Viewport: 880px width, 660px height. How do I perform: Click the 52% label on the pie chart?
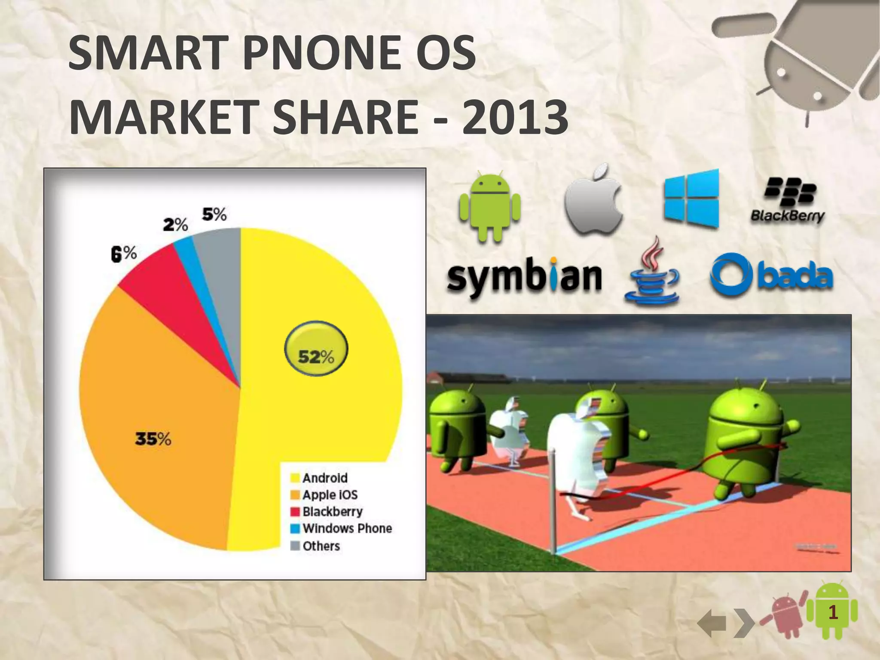(316, 356)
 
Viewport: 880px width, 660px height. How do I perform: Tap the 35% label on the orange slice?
(153, 439)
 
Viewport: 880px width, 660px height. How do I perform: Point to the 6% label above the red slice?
(124, 254)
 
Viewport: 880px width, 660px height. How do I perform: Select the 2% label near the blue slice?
(175, 224)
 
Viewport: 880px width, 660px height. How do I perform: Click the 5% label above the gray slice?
(214, 214)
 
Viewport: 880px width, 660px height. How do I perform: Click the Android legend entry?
(324, 478)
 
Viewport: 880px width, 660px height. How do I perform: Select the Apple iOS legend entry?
(330, 495)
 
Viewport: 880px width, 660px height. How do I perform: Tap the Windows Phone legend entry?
(347, 528)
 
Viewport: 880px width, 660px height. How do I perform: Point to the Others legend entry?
(321, 546)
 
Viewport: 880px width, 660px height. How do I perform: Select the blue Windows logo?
(691, 199)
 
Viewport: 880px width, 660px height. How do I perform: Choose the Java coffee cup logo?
(652, 273)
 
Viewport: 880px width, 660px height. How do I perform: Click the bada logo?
(771, 276)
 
